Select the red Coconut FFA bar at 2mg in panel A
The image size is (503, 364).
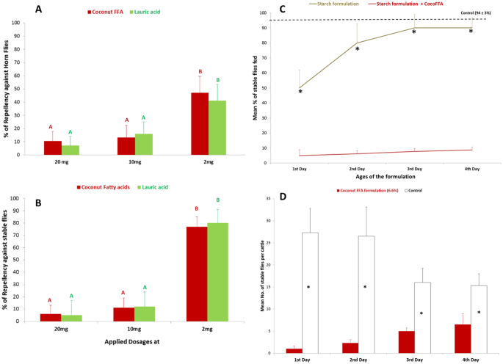pos(199,124)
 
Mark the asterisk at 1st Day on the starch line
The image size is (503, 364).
pos(300,92)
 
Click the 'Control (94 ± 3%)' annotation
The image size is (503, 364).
pos(475,12)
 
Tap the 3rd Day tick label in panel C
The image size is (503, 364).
pos(414,169)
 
